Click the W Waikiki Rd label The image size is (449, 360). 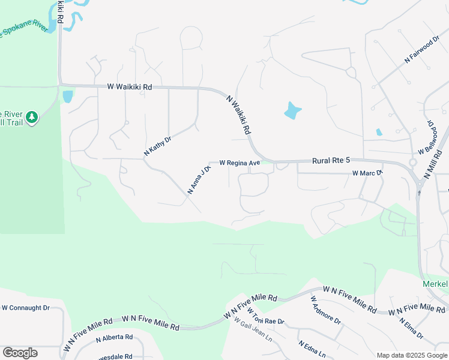[130, 87]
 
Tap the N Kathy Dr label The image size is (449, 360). [158, 146]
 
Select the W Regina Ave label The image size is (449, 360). [240, 163]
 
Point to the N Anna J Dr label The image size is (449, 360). [200, 180]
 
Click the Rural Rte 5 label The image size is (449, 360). [331, 161]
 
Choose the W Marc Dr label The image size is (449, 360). [367, 173]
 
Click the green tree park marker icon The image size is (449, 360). [32, 117]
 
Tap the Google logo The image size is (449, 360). [20, 353]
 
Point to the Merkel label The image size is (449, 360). [435, 284]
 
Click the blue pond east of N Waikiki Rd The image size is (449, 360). [292, 110]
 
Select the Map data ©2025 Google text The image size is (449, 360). [411, 355]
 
